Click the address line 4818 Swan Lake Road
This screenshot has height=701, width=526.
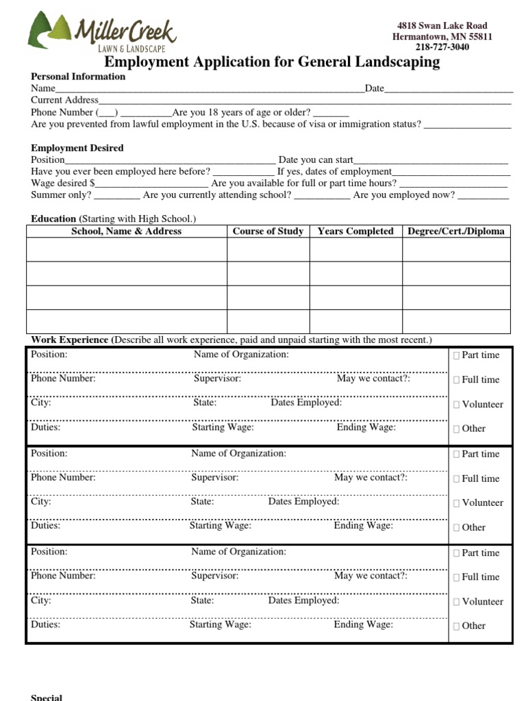click(x=442, y=25)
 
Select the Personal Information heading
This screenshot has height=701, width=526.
click(x=78, y=77)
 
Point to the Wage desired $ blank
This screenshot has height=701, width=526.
click(x=151, y=183)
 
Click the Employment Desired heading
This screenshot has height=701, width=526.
click(x=77, y=148)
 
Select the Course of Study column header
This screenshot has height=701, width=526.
click(x=268, y=231)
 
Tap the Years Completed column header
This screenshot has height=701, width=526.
click(x=355, y=231)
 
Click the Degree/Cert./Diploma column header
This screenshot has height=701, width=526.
click(x=455, y=231)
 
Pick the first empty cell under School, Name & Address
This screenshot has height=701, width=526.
click(x=127, y=250)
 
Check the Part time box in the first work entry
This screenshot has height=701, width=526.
click(x=457, y=355)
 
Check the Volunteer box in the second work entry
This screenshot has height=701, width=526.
click(x=457, y=503)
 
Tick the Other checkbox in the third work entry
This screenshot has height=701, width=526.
click(x=457, y=626)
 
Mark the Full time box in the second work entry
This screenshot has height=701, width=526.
click(x=457, y=479)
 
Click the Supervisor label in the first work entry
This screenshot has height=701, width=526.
click(x=217, y=379)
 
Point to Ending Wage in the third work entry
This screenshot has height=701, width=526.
click(x=363, y=624)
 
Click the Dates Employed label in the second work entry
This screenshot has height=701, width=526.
click(x=303, y=501)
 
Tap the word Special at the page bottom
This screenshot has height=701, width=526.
click(x=47, y=698)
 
